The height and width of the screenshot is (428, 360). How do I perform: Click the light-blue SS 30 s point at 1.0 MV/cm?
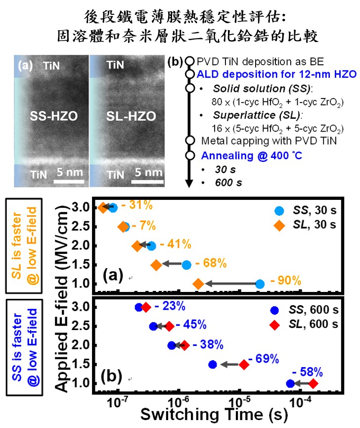tap(260, 284)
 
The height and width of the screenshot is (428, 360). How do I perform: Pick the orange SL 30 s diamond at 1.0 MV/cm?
tap(198, 284)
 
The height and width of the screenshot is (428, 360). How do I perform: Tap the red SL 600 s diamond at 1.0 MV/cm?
tap(313, 383)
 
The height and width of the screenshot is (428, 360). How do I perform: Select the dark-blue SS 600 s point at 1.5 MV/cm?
tap(213, 365)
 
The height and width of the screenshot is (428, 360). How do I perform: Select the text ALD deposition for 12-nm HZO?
tap(276, 75)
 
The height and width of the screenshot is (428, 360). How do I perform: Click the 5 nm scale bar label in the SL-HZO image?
tap(149, 172)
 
